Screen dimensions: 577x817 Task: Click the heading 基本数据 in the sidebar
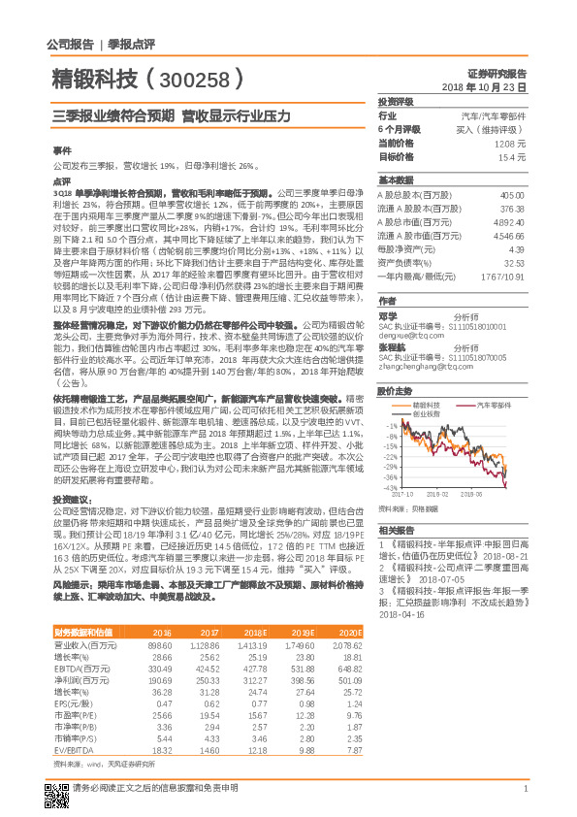pos(396,180)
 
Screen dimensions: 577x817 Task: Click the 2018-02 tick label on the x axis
pos(437,494)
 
